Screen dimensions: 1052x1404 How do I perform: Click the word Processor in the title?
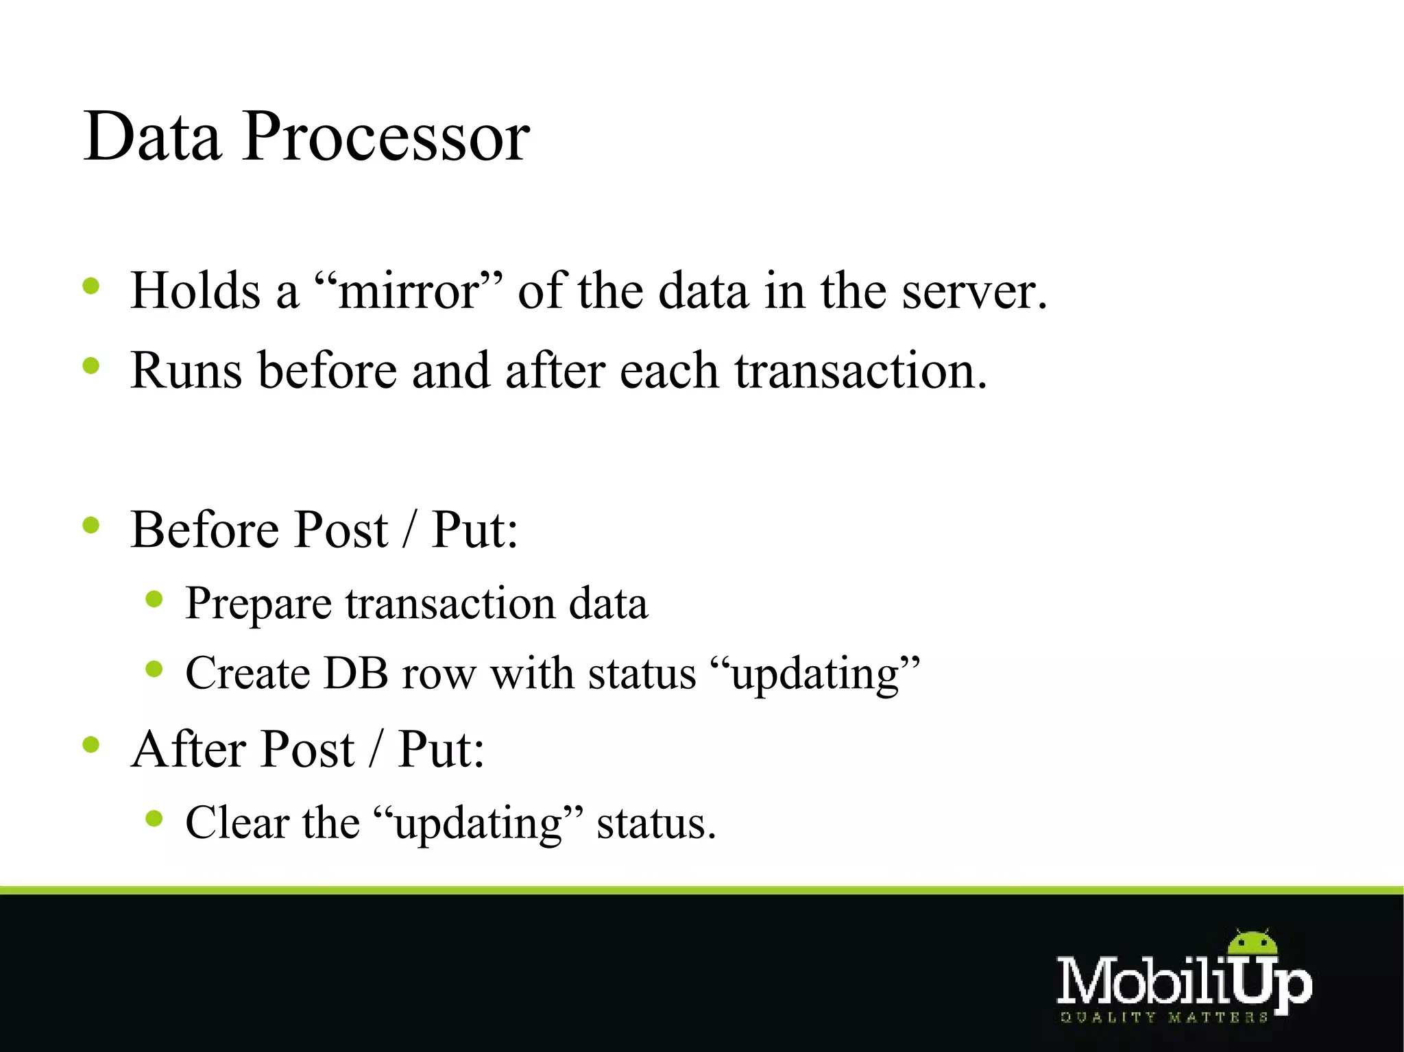tap(385, 137)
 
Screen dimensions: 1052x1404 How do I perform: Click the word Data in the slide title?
tap(152, 137)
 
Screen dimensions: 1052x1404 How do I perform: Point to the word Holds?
tap(196, 291)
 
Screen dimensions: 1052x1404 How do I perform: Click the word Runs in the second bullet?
tap(186, 371)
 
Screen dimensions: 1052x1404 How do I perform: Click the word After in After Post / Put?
tap(189, 749)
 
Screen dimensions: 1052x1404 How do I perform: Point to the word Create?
tap(247, 673)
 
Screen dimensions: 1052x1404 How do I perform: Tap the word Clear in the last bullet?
tap(237, 822)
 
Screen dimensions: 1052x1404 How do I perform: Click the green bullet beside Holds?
tap(91, 285)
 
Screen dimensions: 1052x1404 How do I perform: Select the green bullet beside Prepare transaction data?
tap(154, 600)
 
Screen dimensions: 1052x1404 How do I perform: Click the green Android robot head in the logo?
tap(1252, 945)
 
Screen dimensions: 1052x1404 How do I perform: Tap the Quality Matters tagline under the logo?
tap(1164, 1018)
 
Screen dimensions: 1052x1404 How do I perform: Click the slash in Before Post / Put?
tap(409, 530)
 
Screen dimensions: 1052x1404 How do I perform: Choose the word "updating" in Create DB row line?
tap(815, 674)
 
